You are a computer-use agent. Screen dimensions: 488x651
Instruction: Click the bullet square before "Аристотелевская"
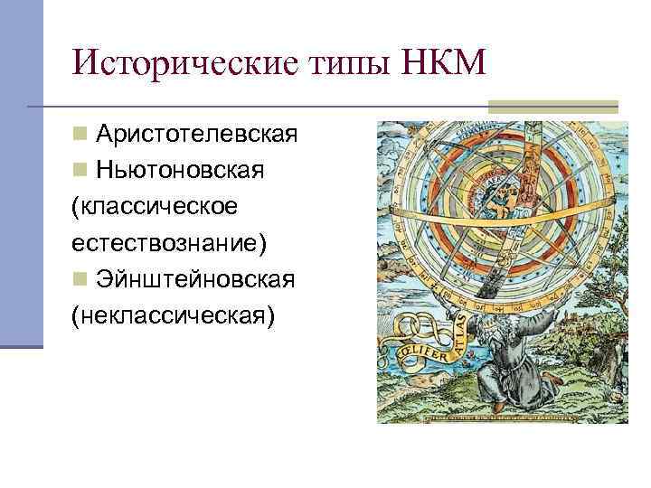[x=80, y=135]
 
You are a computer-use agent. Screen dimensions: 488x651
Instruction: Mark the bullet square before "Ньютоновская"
[x=80, y=171]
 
